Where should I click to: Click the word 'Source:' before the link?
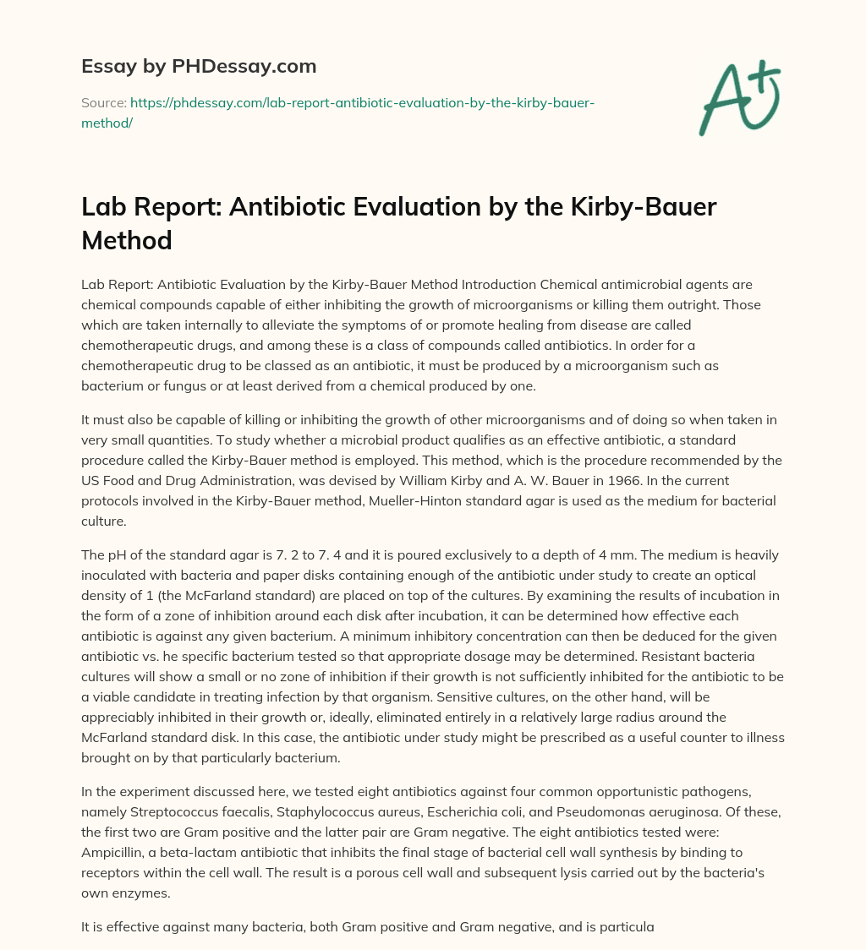pyautogui.click(x=103, y=102)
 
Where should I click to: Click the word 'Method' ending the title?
pyautogui.click(x=127, y=239)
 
